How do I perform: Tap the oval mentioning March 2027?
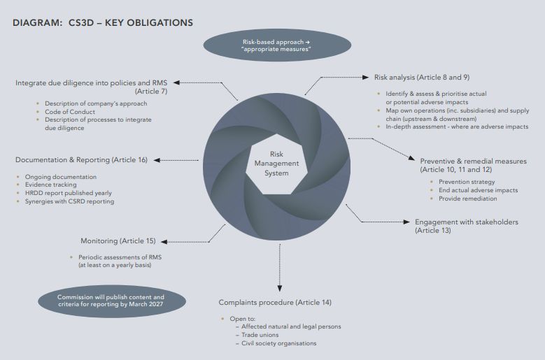click(111, 301)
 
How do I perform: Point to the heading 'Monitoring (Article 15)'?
click(118, 240)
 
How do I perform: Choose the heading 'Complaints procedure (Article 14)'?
click(275, 302)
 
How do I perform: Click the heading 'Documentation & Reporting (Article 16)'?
click(81, 159)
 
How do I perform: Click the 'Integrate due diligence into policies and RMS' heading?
click(96, 82)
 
